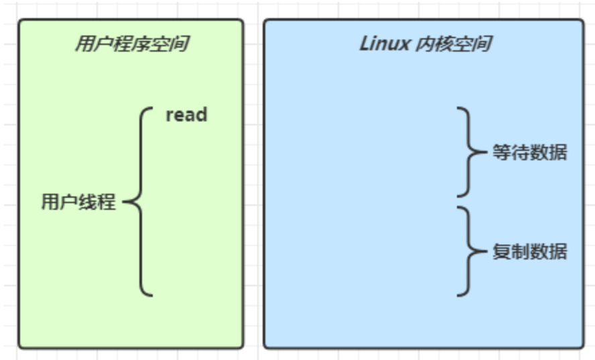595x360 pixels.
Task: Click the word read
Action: [186, 115]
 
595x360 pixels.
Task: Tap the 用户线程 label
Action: [78, 202]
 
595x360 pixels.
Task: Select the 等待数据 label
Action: [529, 153]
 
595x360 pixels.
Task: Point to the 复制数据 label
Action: [529, 252]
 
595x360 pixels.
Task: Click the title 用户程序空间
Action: [131, 44]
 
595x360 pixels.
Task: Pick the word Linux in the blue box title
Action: [385, 44]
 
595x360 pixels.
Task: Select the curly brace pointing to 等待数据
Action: [468, 152]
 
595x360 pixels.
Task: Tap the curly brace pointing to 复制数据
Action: [468, 251]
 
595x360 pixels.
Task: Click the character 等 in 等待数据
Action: [501, 153]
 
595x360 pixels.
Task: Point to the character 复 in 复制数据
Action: [501, 252]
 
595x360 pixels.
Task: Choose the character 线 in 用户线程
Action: [88, 202]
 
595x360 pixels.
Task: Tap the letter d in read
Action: [201, 115]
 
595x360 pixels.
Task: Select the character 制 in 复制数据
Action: [520, 252]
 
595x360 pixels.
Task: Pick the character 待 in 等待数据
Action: [520, 153]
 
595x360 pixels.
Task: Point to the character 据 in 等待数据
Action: [557, 153]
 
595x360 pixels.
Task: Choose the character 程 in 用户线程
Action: [107, 202]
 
